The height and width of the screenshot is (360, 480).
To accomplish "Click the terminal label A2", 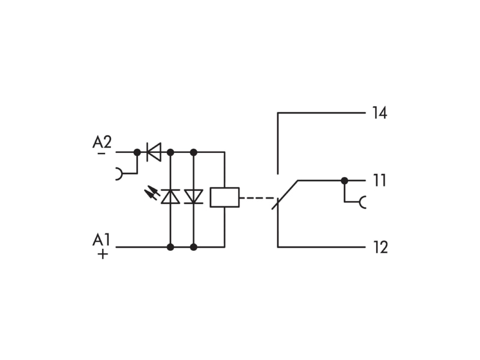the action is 102,142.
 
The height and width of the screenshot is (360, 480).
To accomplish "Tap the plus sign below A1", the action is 103,254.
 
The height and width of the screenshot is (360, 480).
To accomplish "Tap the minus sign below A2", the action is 101,153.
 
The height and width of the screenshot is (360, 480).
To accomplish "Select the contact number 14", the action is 380,113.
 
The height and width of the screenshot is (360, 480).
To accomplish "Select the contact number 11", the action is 380,181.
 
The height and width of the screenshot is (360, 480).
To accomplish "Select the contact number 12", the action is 380,247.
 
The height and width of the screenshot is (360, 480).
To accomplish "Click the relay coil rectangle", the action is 224,197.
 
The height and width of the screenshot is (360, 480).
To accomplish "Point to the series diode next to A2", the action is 154,152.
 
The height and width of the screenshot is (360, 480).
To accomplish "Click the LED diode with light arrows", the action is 170,197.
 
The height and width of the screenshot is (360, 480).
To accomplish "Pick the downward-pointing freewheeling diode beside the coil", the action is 193,197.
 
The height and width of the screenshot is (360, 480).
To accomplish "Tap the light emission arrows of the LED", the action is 152,192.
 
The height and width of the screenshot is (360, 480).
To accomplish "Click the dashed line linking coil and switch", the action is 256,198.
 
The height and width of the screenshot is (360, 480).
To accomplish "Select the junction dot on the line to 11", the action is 344,181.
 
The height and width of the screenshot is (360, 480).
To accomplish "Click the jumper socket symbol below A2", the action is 119,173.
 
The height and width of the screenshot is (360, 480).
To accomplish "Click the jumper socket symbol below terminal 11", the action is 362,202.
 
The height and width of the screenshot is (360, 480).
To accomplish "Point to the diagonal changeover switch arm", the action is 286,194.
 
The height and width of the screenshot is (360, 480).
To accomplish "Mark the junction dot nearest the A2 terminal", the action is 137,152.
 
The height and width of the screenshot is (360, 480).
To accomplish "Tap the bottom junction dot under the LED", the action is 170,247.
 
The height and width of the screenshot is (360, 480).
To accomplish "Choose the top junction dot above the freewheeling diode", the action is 193,152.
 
